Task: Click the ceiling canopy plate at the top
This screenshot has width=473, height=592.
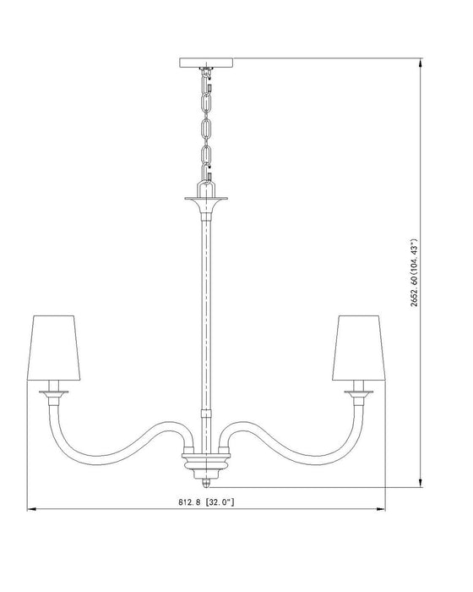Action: click(206, 63)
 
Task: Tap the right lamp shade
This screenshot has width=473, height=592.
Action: click(359, 348)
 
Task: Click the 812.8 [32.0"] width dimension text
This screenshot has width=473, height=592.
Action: click(206, 502)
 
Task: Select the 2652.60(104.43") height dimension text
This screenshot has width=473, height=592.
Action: click(414, 272)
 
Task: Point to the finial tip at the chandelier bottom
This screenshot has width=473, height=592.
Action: click(206, 483)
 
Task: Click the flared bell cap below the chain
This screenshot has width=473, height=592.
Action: click(206, 206)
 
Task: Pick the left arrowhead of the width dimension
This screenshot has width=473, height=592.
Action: click(31, 509)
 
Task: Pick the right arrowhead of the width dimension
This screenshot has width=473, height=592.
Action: click(381, 509)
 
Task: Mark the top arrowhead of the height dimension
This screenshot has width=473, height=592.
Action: click(421, 63)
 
